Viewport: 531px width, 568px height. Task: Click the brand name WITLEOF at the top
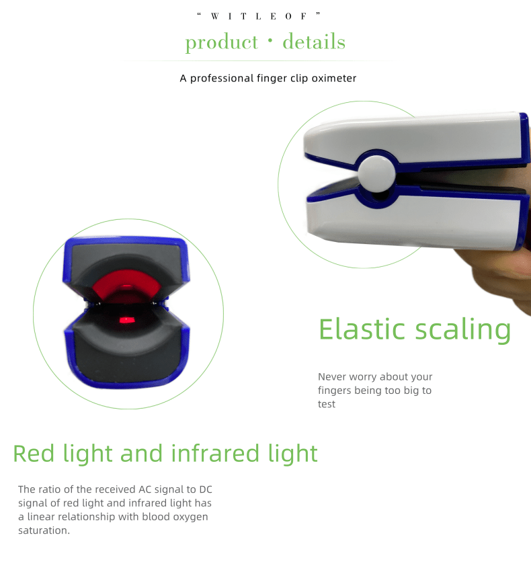(x=259, y=16)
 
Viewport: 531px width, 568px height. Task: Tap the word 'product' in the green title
(x=222, y=43)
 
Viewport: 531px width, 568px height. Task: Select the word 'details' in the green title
(x=314, y=41)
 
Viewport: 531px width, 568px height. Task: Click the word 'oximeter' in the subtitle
(x=334, y=78)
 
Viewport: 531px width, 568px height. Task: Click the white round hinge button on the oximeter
(x=376, y=174)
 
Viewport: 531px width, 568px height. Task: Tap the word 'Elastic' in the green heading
(x=362, y=329)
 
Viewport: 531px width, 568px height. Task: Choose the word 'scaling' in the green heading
(x=462, y=330)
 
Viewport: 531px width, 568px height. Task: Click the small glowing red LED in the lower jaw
(x=127, y=320)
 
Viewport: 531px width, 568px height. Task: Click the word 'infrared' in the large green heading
(x=215, y=453)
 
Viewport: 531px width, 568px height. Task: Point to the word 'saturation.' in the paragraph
(x=44, y=530)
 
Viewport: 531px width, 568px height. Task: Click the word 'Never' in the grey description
(x=332, y=376)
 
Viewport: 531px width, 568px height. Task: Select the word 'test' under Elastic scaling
(x=327, y=404)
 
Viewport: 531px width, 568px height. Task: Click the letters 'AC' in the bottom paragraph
(x=145, y=489)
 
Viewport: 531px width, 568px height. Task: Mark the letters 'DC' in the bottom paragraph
(x=206, y=489)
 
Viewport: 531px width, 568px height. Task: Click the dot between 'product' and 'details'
(x=270, y=40)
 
